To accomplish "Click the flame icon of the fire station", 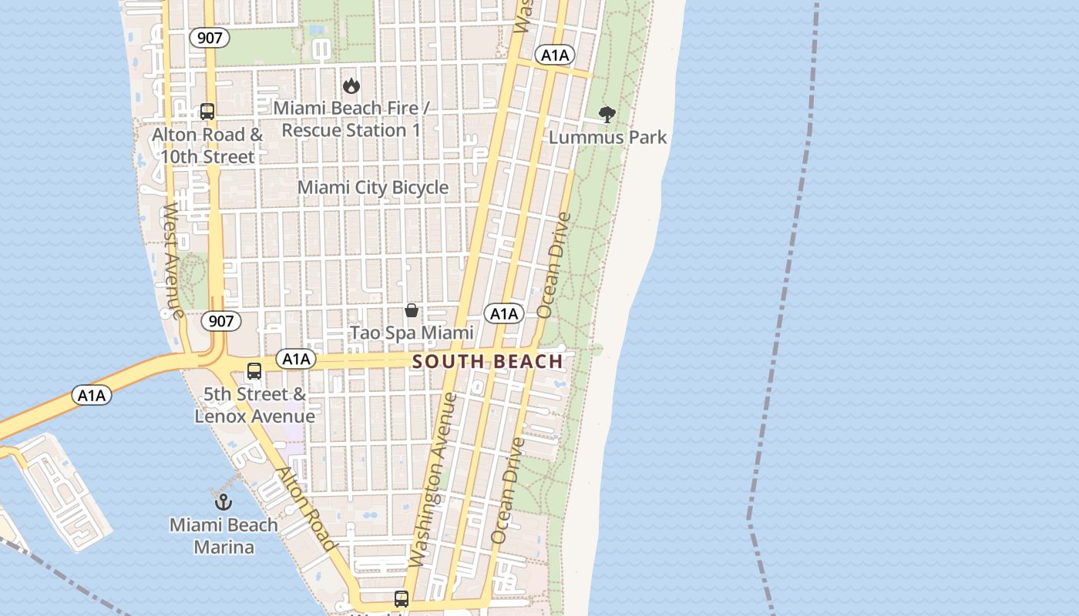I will (351, 85).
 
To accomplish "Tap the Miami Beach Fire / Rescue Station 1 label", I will (351, 119).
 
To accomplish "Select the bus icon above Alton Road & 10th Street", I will (207, 112).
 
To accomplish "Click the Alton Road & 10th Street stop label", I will (207, 146).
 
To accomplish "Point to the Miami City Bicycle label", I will (373, 187).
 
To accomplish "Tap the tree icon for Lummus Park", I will (607, 115).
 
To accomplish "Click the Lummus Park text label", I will (607, 138).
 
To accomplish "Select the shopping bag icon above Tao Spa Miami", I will (412, 310).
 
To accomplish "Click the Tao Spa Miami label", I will (412, 333).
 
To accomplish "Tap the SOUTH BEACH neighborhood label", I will (487, 361).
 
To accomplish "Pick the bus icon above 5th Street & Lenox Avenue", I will (254, 371).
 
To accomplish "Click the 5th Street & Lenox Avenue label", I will (254, 405).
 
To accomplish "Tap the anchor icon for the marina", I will (223, 502).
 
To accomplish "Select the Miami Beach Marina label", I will (224, 536).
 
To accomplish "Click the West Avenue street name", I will (172, 262).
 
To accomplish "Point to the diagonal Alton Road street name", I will (307, 509).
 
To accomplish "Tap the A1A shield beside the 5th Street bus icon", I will (296, 359).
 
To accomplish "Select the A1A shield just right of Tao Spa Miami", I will (504, 313).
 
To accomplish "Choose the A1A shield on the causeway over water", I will (92, 396).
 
